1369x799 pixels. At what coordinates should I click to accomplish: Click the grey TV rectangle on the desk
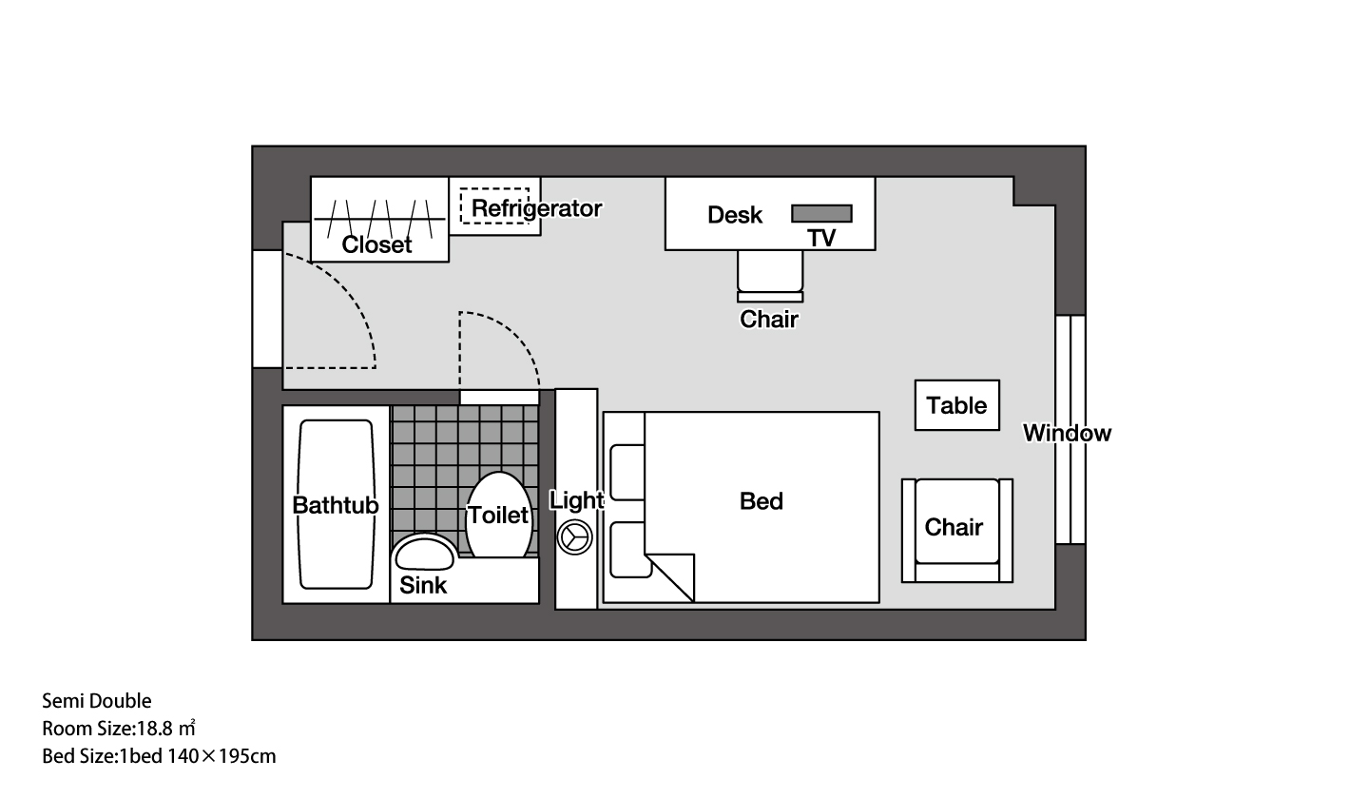pos(821,213)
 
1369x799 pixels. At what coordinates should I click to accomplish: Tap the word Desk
pos(735,215)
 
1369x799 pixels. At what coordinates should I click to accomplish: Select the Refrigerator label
pos(536,208)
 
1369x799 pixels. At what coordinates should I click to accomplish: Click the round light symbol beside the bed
pos(574,537)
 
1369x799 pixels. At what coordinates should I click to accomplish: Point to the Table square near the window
pos(957,405)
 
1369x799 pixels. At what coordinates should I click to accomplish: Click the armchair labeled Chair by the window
pos(957,531)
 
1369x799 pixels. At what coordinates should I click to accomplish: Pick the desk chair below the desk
pos(770,276)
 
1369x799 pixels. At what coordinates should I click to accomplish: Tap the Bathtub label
pos(336,506)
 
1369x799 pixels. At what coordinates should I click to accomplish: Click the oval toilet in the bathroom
pos(499,515)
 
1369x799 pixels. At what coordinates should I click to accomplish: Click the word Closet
pos(376,244)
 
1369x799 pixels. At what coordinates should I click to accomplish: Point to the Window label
pos(1067,433)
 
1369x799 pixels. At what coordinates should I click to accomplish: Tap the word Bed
pos(761,501)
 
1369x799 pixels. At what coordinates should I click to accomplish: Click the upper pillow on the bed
pos(627,473)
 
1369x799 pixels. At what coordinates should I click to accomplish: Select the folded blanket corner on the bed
pos(670,577)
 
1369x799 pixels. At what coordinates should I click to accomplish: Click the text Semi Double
pos(97,701)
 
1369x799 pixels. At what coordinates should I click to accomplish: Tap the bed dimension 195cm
pos(247,756)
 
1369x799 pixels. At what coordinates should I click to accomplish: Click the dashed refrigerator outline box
pos(494,205)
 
